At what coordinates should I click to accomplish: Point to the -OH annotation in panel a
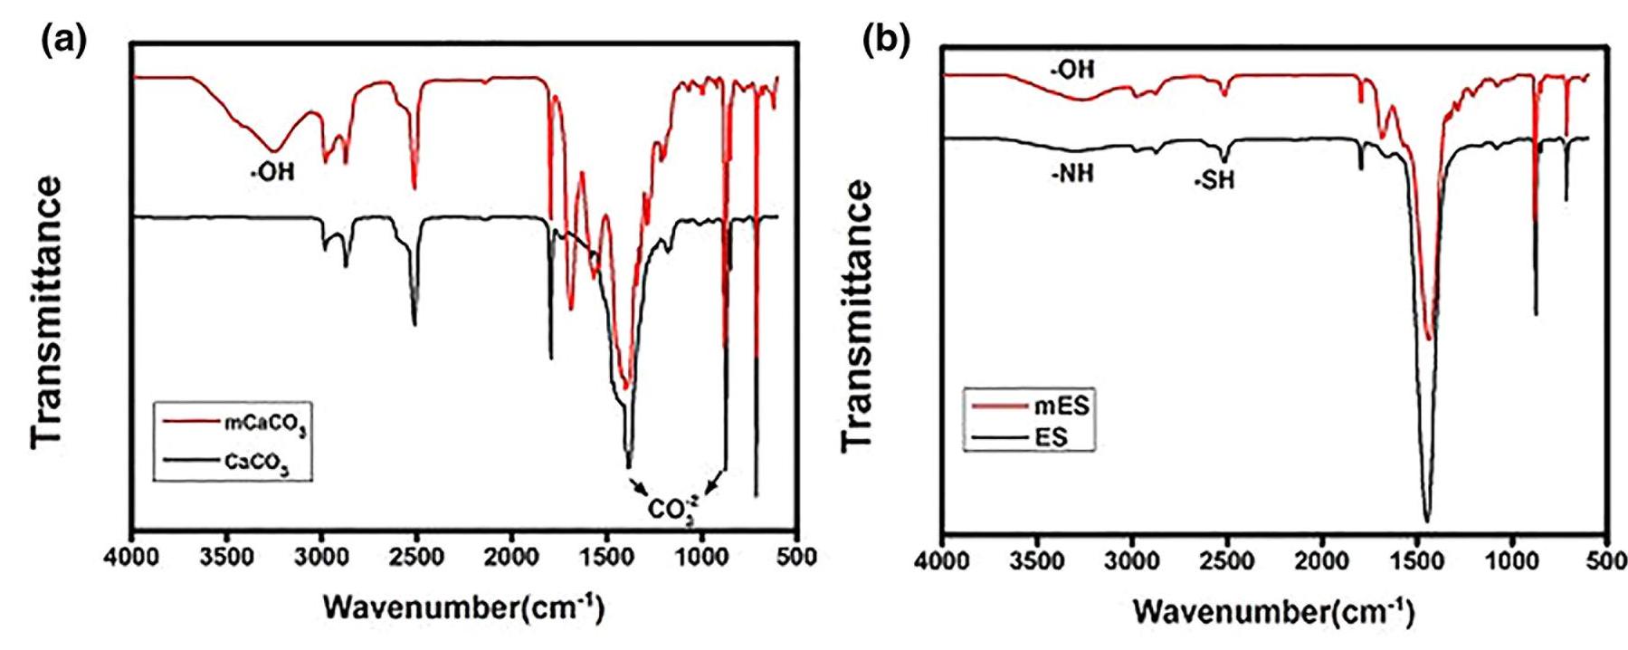[272, 171]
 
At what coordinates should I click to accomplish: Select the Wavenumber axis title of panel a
[462, 607]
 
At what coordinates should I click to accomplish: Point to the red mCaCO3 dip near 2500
[414, 186]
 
